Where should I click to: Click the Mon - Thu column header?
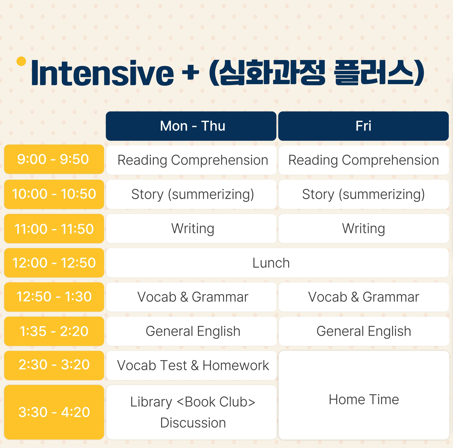191,126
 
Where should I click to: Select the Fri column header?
363,126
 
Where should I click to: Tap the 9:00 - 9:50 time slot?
54,159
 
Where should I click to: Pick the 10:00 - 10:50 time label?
54,194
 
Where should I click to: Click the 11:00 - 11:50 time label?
54,229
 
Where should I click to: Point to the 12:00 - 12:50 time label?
54,263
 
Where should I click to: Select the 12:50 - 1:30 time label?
54,297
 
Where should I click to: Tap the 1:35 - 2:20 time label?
54,331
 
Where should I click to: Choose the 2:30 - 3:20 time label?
54,365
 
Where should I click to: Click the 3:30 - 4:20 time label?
54,412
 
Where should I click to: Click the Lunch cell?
277,263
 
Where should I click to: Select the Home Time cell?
364,395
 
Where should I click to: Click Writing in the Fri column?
364,229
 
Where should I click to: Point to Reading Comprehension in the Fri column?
364,160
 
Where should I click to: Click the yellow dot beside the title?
21,61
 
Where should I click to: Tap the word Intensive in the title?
102,73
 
